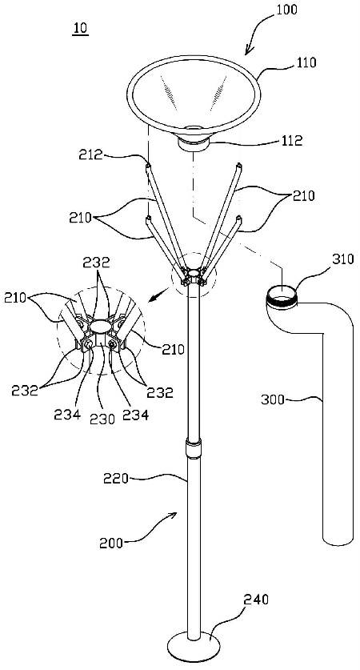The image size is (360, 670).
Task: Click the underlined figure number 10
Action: [x=80, y=28]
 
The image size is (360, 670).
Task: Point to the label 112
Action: [x=292, y=141]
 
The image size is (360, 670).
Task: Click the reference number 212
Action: [x=90, y=154]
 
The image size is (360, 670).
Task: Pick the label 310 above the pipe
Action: [x=344, y=259]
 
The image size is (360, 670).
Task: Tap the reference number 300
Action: [x=272, y=400]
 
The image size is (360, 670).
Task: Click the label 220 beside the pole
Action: [x=116, y=478]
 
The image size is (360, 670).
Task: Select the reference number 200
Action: [x=111, y=543]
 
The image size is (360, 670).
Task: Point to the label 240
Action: [x=256, y=600]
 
